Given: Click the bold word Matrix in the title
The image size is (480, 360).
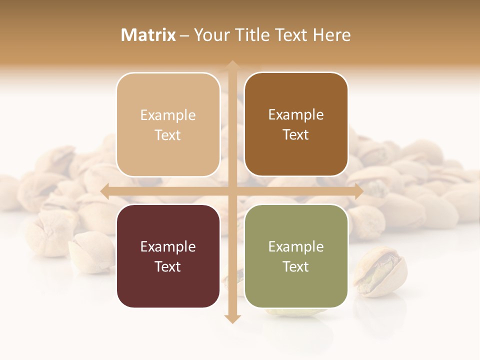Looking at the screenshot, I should click(x=148, y=35).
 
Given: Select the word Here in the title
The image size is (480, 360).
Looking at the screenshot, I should click(x=331, y=35).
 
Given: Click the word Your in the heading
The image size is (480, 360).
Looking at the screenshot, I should click(x=211, y=35).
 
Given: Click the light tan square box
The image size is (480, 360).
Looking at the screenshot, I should click(x=168, y=124).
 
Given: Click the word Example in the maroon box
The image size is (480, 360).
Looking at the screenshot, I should click(x=168, y=246).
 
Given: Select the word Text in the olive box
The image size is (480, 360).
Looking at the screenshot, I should click(x=296, y=266).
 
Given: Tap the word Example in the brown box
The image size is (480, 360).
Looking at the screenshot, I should click(x=296, y=114).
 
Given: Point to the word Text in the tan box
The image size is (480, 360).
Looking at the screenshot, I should click(x=168, y=135).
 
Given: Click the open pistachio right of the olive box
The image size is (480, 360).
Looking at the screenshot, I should click(x=380, y=272).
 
